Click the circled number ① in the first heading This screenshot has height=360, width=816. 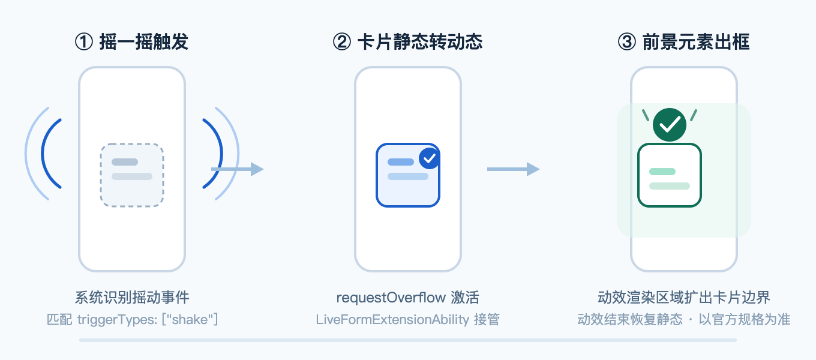84,42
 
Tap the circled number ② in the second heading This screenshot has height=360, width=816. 342,42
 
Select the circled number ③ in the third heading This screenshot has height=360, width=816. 627,42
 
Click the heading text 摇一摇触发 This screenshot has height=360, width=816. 143,42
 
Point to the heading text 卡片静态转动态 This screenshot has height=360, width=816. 420,42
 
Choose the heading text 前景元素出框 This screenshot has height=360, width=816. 696,42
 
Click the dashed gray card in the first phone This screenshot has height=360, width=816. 132,175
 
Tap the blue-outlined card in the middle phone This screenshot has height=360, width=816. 408,175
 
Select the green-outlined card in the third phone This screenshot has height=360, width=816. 670,175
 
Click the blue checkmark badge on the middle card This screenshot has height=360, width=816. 430,158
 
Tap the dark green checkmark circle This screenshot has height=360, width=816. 670,125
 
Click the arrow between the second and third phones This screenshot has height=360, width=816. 513,169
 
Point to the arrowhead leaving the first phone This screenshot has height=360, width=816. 257,169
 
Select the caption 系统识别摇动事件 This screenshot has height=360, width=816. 132,298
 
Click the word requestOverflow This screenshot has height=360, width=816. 391,298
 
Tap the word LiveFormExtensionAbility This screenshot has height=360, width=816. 392,320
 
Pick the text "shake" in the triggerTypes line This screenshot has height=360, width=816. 190,320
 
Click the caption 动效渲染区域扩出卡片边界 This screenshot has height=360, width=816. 684,298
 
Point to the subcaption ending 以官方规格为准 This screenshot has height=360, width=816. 684,320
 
